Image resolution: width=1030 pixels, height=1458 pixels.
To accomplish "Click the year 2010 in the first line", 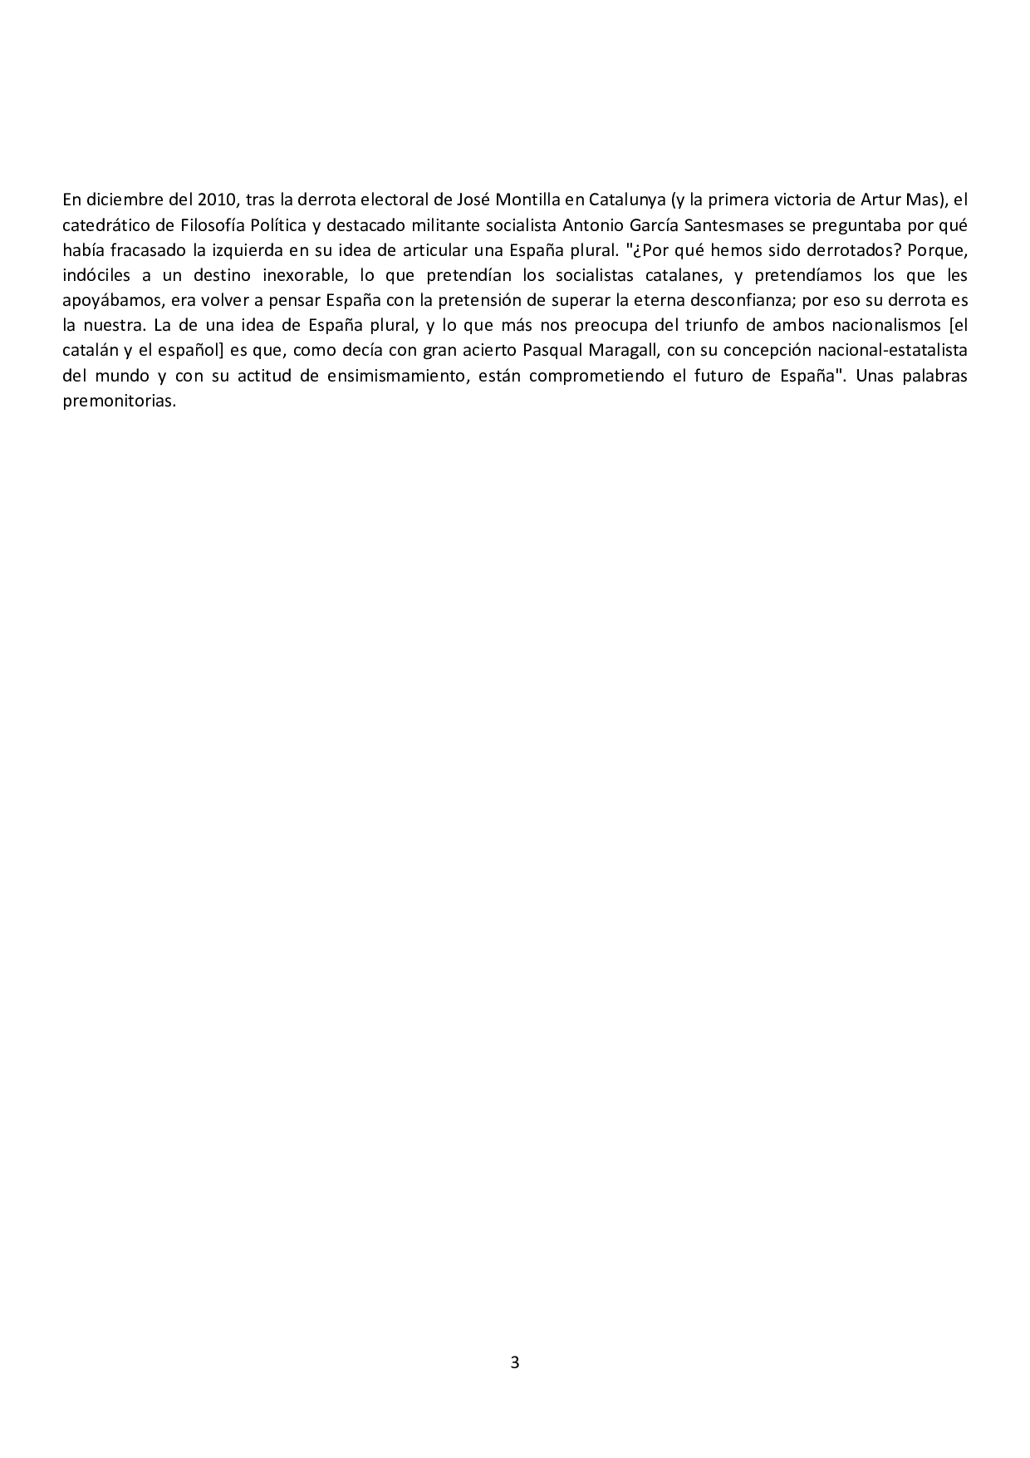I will [x=218, y=199].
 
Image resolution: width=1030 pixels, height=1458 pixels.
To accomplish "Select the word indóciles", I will [x=96, y=275].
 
